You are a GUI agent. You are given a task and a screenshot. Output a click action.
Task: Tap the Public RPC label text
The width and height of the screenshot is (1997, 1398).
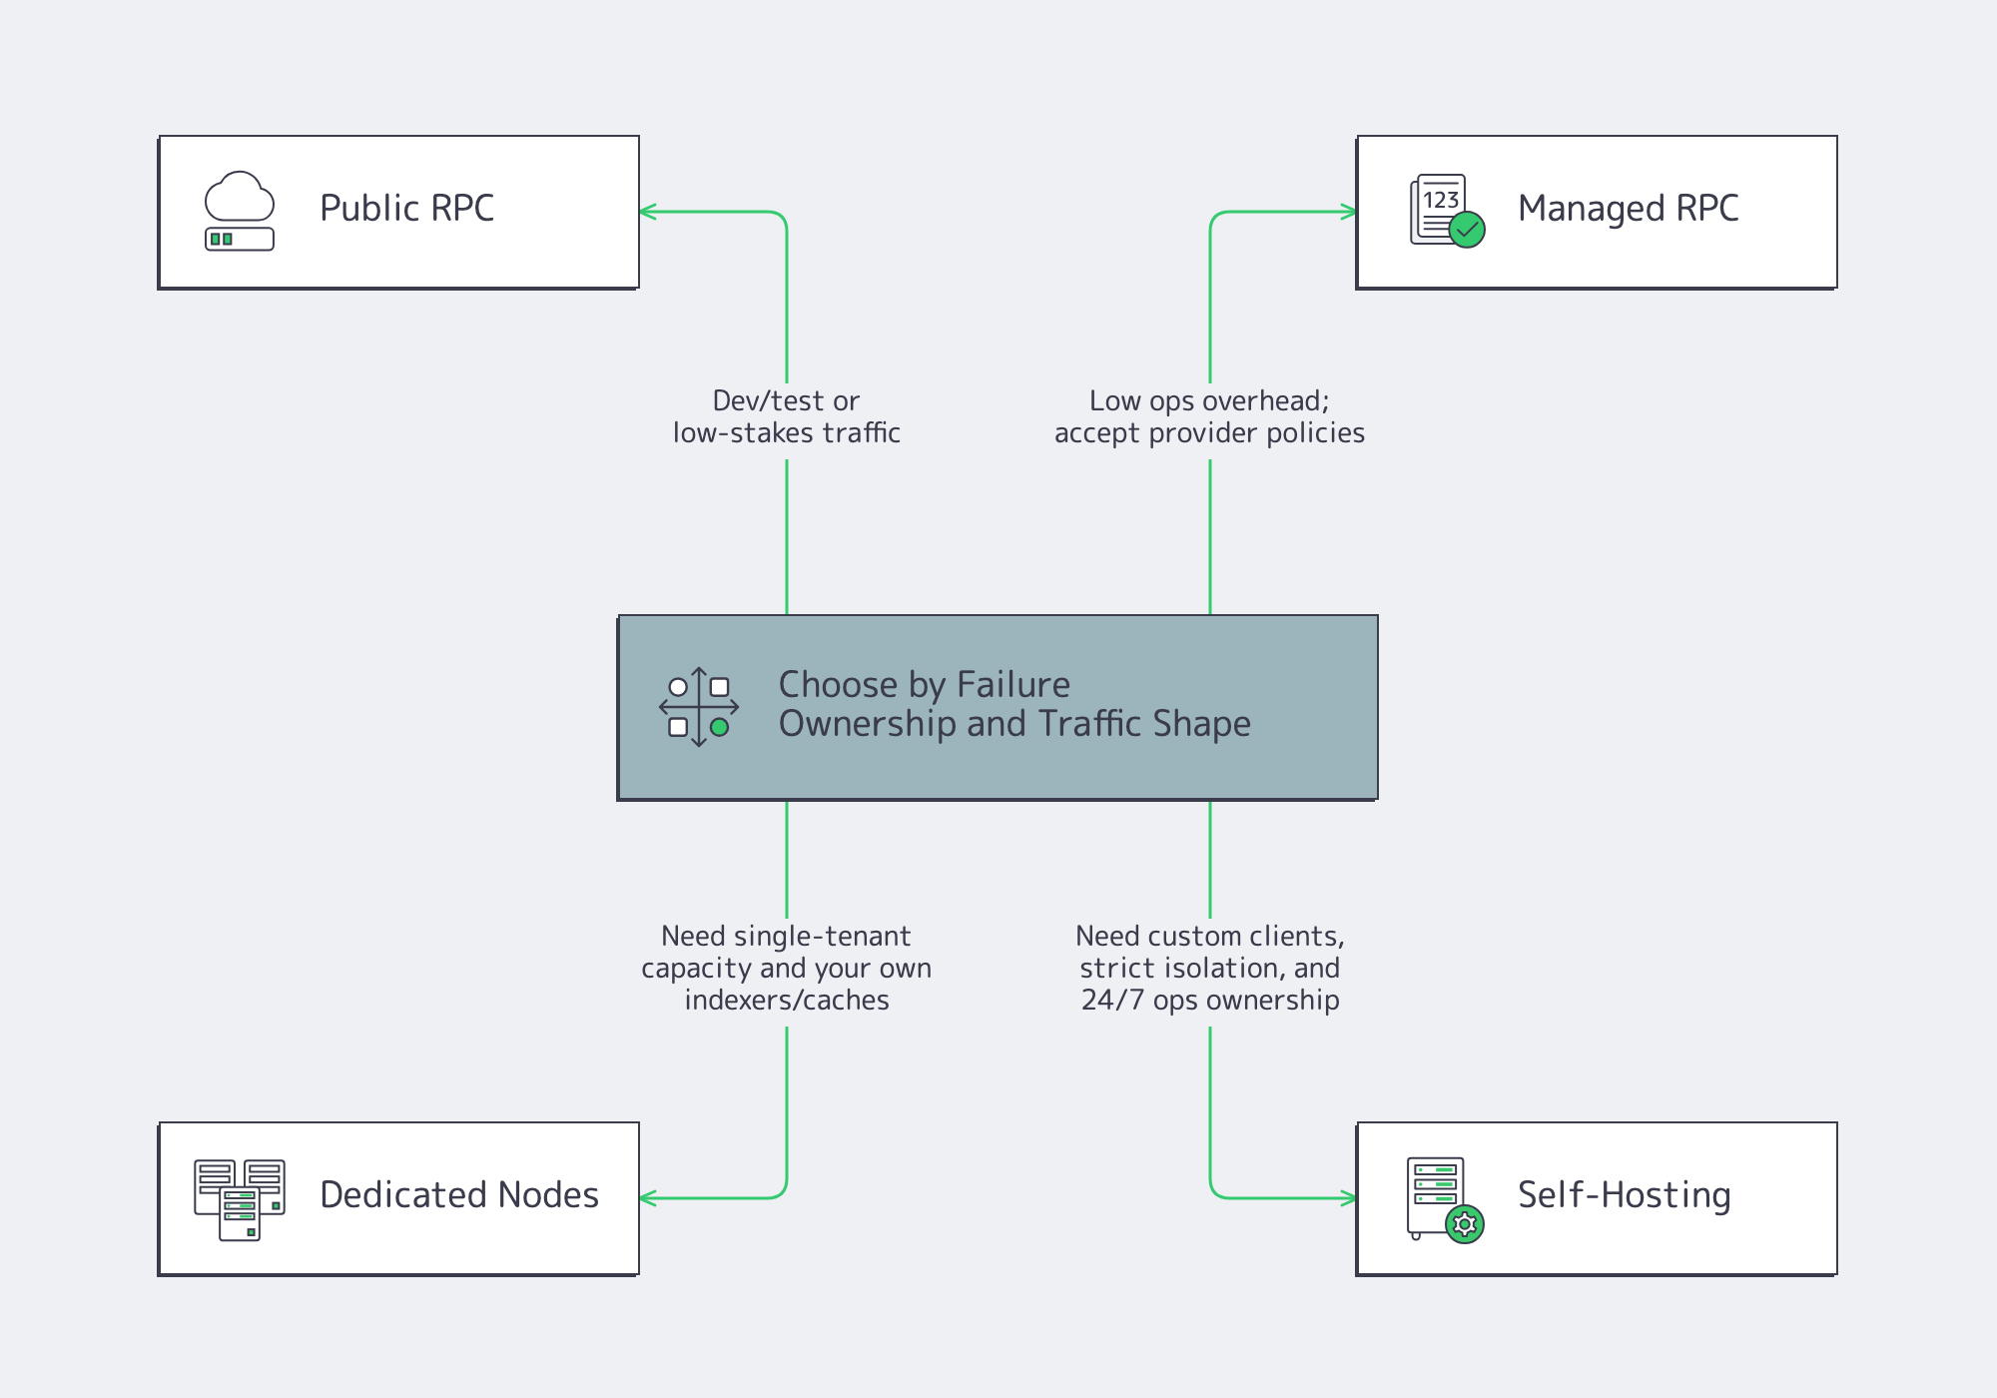point(406,208)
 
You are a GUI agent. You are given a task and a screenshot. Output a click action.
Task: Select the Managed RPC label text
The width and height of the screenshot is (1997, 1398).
point(1628,208)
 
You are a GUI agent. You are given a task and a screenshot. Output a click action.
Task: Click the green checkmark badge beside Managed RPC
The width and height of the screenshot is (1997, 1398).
point(1467,230)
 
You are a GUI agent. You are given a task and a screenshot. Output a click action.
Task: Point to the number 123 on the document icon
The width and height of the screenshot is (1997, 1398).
point(1441,200)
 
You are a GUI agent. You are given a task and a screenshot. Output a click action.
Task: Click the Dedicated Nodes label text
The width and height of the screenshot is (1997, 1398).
point(458,1194)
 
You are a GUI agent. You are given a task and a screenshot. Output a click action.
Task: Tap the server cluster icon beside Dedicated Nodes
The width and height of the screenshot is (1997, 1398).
point(240,1198)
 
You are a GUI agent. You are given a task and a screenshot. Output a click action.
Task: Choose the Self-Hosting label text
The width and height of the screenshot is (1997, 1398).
point(1624,1194)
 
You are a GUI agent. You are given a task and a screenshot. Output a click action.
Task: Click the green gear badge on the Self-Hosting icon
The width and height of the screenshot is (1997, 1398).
point(1465,1224)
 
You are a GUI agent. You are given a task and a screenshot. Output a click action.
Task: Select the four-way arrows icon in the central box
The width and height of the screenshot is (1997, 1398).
point(699,707)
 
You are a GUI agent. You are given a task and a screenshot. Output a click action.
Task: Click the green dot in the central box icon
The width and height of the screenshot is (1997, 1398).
point(719,727)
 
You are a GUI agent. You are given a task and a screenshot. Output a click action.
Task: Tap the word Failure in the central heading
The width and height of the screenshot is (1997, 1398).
point(1012,685)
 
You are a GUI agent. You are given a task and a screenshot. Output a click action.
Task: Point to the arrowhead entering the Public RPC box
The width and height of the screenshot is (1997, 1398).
point(646,212)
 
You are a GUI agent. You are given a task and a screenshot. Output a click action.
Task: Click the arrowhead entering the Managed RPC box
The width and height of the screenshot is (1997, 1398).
point(1350,212)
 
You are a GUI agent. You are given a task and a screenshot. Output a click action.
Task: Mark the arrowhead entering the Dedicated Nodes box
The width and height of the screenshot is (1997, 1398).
point(646,1198)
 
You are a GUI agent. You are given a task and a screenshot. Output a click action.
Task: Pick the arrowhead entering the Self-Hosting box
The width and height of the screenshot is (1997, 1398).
point(1350,1198)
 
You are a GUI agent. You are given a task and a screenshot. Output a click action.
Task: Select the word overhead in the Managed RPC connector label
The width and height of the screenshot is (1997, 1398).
point(1262,400)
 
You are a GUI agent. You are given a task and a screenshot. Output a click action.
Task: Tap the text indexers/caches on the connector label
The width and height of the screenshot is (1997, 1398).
point(787,1000)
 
